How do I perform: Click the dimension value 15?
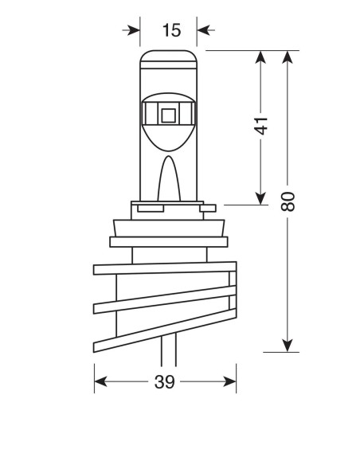pos(171,30)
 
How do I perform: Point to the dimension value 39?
pos(164,382)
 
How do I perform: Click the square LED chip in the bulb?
pos(168,115)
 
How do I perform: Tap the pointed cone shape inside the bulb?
pos(168,179)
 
